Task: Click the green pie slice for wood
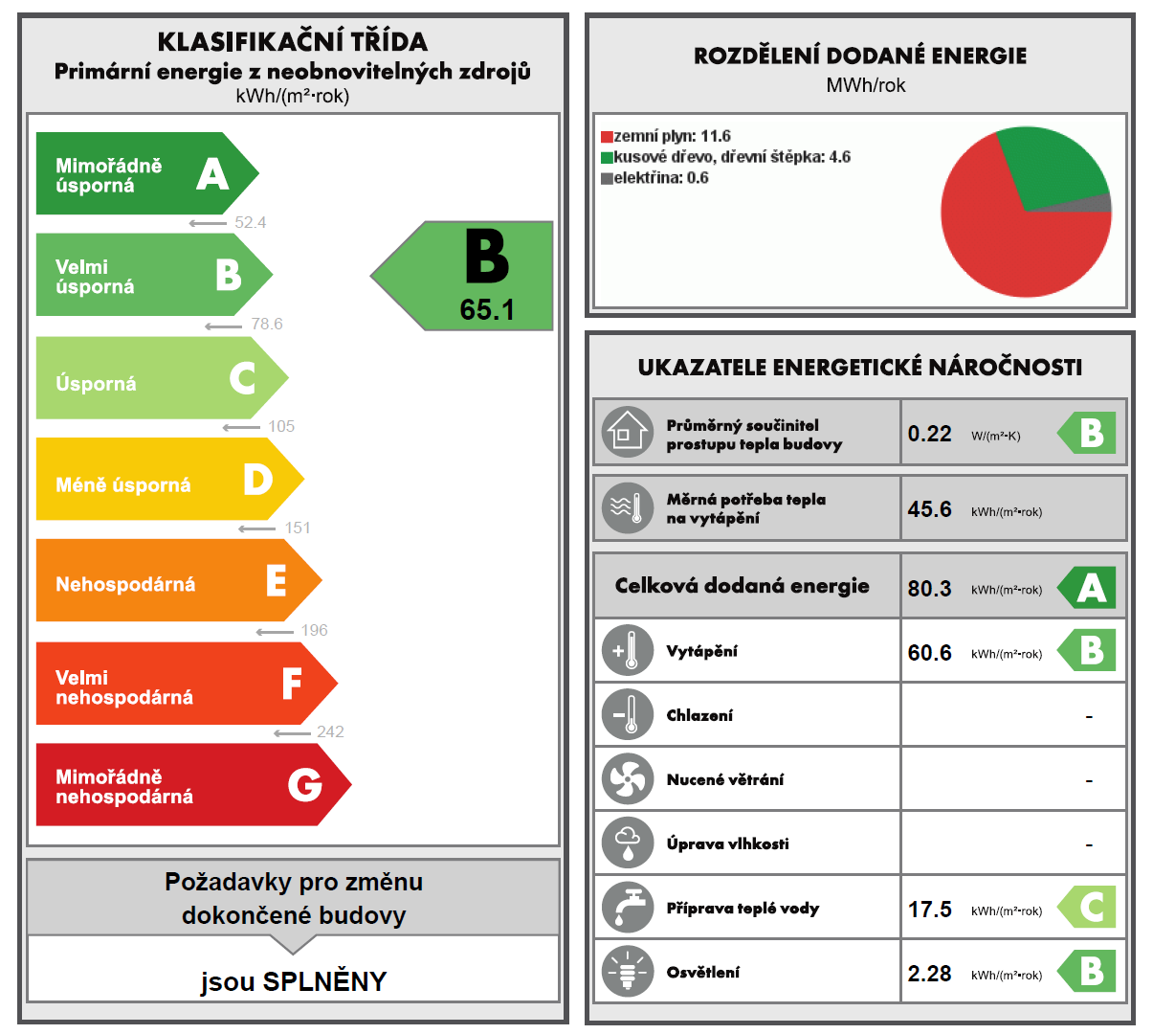1053,168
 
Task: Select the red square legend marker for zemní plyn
607,137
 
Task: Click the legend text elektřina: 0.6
661,178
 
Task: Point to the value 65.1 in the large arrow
487,309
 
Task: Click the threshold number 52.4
250,223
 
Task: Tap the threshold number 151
298,528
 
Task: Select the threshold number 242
330,732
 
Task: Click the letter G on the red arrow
305,785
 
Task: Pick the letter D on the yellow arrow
257,479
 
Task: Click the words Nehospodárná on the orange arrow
125,584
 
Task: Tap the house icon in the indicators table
627,432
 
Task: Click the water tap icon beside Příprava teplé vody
627,908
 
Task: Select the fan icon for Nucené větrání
627,779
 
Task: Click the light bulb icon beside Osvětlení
627,972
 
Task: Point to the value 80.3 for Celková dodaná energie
929,588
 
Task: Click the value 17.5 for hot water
929,909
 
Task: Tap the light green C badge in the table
1090,907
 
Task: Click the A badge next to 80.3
1090,588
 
